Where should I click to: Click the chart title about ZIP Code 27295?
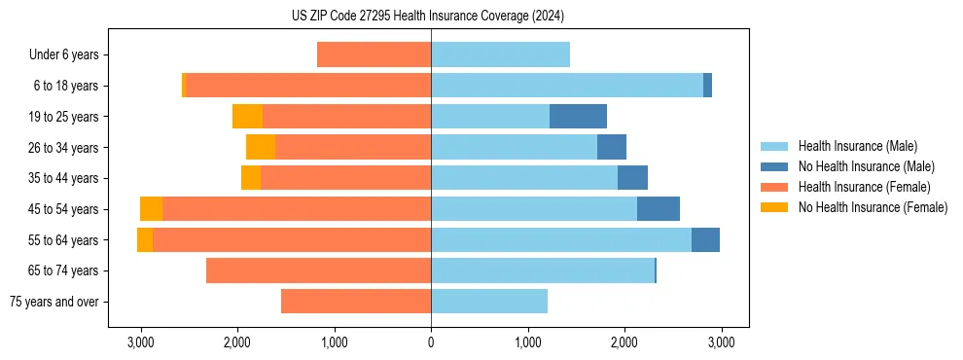pyautogui.click(x=427, y=17)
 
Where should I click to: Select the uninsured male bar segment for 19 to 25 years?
pyautogui.click(x=578, y=117)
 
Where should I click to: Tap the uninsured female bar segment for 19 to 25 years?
pyautogui.click(x=247, y=117)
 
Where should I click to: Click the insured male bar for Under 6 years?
pyautogui.click(x=500, y=55)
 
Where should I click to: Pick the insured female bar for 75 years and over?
pyautogui.click(x=356, y=302)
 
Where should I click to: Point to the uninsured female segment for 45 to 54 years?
pyautogui.click(x=151, y=209)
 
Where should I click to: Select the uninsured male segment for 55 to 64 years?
pyautogui.click(x=705, y=240)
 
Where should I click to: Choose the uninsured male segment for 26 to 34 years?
pyautogui.click(x=611, y=148)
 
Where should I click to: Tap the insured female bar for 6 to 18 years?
pyautogui.click(x=307, y=86)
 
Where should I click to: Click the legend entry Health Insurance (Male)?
pyautogui.click(x=857, y=146)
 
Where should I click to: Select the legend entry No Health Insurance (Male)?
pyautogui.click(x=866, y=166)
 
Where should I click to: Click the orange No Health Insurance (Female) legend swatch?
pyautogui.click(x=775, y=207)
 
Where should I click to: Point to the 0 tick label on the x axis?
pyautogui.click(x=431, y=343)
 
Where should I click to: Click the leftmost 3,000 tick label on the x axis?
pyautogui.click(x=141, y=343)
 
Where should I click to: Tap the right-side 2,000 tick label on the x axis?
pyautogui.click(x=624, y=343)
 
